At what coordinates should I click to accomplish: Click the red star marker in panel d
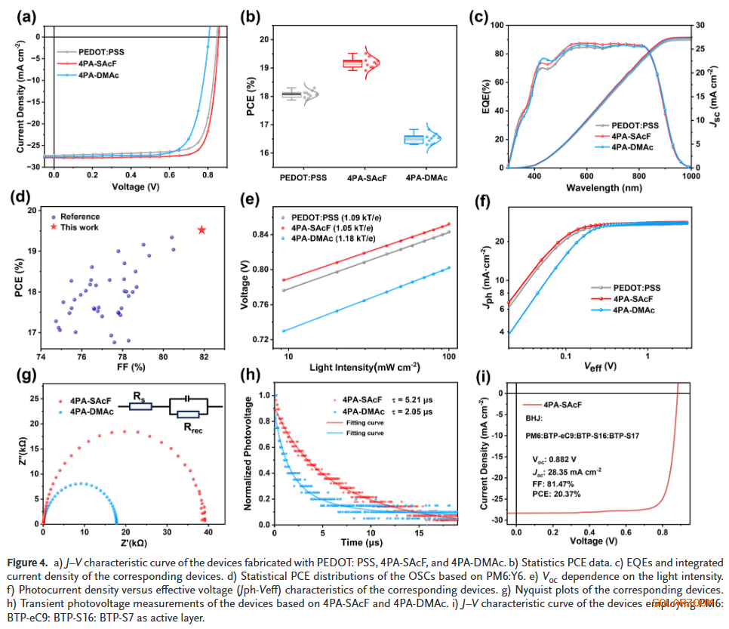pos(201,230)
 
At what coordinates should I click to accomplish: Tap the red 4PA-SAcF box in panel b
pos(352,63)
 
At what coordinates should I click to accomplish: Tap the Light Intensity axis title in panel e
pos(364,368)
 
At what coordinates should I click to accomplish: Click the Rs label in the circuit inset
pos(140,395)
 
